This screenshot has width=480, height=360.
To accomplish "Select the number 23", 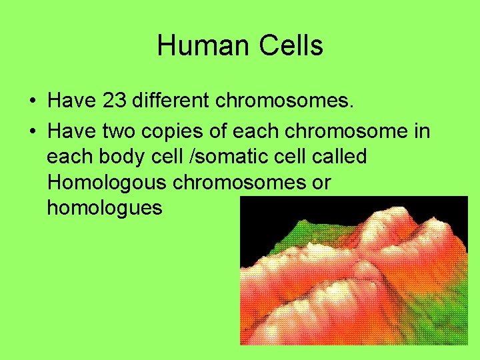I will click(x=115, y=101).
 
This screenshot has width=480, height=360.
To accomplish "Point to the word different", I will click(x=172, y=101).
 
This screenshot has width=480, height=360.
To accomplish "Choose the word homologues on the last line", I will click(x=105, y=207).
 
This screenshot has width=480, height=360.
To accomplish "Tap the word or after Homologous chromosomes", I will click(x=319, y=182).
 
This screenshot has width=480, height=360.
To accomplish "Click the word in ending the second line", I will click(x=422, y=131).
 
